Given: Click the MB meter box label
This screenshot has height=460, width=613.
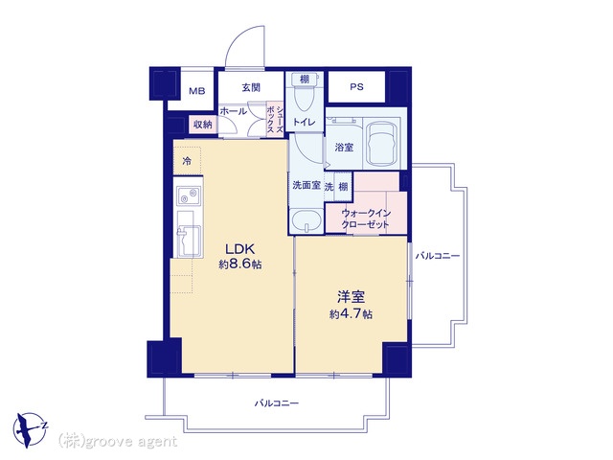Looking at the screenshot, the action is [x=197, y=92].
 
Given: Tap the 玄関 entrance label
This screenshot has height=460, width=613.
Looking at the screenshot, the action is [x=251, y=87].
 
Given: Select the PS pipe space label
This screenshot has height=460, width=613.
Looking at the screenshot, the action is [x=356, y=86].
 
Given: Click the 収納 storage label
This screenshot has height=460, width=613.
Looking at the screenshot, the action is [x=203, y=125].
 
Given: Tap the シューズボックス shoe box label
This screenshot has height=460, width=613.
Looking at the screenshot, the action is [x=275, y=119].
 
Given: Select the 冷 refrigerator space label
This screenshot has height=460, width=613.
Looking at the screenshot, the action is [x=188, y=161].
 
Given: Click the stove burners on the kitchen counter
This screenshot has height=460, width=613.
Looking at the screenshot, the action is [x=189, y=195].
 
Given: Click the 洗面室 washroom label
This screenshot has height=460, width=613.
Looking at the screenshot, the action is [x=306, y=185].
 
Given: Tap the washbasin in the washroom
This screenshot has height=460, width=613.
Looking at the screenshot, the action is [x=306, y=221].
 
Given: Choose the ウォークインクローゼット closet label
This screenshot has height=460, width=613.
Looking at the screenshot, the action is [x=366, y=219].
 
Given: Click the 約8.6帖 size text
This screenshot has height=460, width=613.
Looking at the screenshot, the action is [x=240, y=264].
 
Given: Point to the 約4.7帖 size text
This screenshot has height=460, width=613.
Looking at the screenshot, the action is [x=351, y=313].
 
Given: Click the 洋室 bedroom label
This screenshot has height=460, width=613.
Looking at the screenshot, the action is [x=352, y=297].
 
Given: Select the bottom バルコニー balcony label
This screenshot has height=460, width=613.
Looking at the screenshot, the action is [x=277, y=402].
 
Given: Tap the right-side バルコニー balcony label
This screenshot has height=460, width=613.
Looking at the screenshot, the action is [x=438, y=256].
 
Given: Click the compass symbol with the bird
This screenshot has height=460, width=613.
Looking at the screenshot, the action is [x=30, y=429].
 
